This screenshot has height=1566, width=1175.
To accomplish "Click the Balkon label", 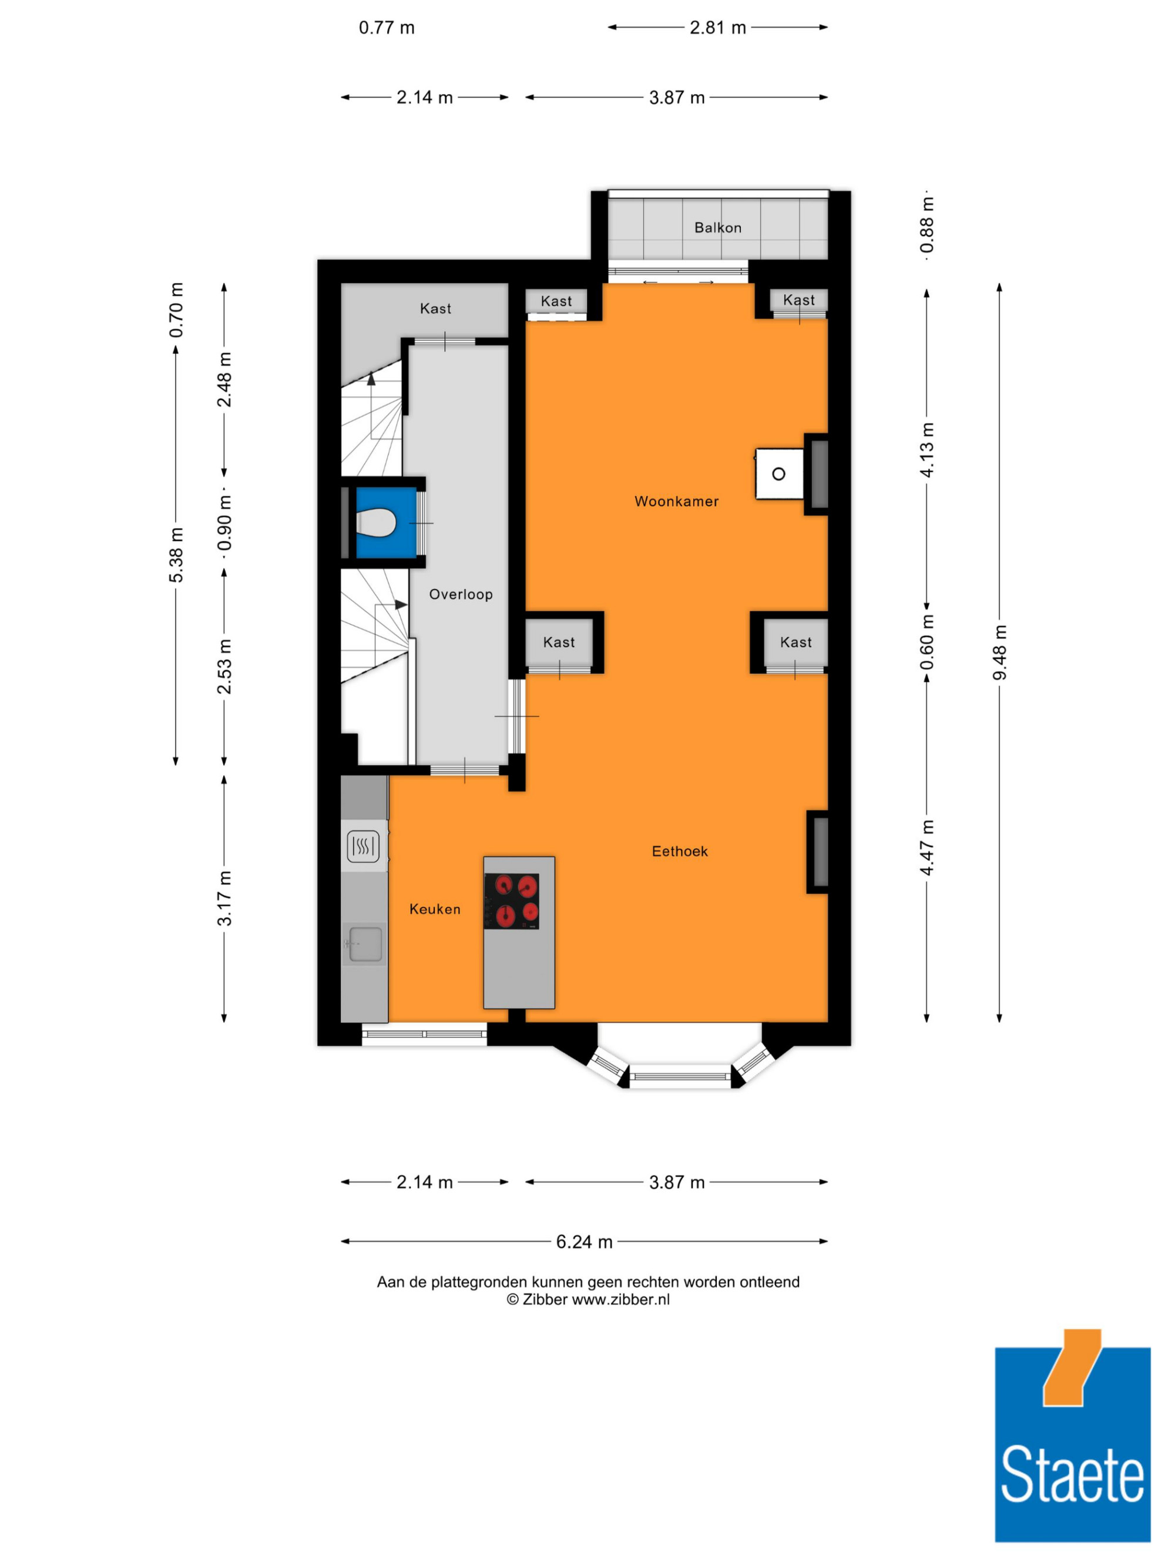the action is tap(717, 227).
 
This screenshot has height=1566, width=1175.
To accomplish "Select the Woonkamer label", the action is tap(676, 501).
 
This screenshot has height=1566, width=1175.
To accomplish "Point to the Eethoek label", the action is tap(679, 851).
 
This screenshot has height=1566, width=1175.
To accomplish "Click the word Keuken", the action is tap(435, 909).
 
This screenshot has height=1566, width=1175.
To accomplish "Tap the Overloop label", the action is tap(461, 594).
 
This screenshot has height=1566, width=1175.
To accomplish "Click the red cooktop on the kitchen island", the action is tap(511, 901).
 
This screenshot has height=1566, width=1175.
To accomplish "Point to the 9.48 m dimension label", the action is tap(999, 652).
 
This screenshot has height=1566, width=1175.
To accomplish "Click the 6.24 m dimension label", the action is tap(583, 1242).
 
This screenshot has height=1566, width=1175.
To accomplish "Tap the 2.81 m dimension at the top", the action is tap(717, 28).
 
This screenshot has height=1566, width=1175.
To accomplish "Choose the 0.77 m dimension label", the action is tap(387, 28).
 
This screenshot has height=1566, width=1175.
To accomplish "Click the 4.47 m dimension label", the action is tap(927, 847).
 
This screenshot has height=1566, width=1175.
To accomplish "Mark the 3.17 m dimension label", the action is tap(224, 898).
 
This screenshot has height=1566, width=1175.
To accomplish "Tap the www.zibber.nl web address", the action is tap(620, 1299).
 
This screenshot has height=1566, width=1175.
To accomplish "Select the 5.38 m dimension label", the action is tap(176, 555).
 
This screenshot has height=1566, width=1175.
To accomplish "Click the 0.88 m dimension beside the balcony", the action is tap(927, 224).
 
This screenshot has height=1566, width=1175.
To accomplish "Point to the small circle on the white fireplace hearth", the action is tap(778, 474).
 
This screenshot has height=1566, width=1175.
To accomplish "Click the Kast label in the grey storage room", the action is tap(435, 308).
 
